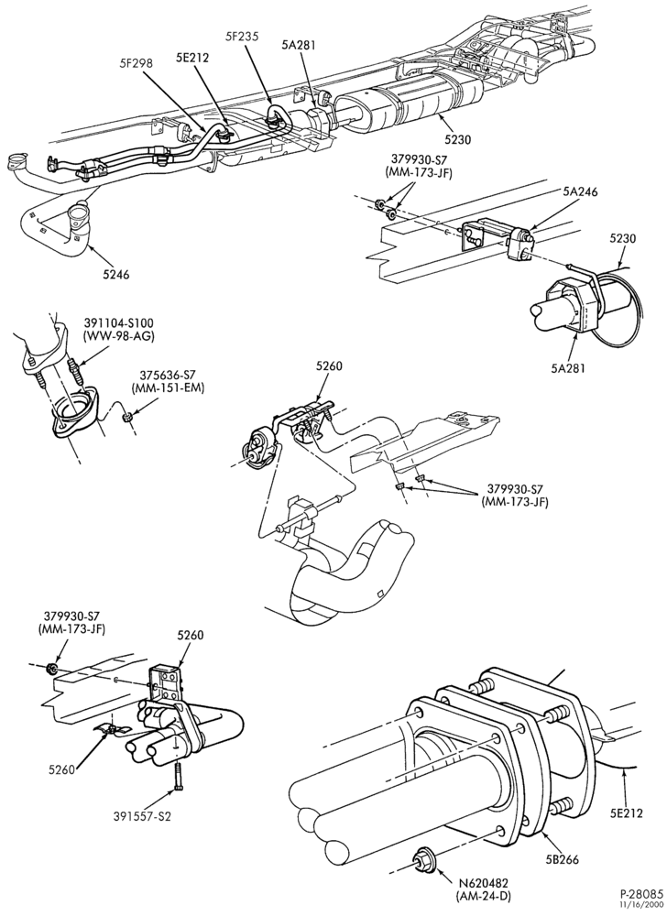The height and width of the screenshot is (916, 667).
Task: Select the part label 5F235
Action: pos(243,36)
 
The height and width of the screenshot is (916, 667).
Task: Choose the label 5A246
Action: pos(580,191)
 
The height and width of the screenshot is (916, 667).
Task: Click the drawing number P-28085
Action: pos(641,894)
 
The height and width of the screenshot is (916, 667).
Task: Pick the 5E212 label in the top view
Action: pos(192,58)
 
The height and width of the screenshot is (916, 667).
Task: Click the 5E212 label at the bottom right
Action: pos(626,812)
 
